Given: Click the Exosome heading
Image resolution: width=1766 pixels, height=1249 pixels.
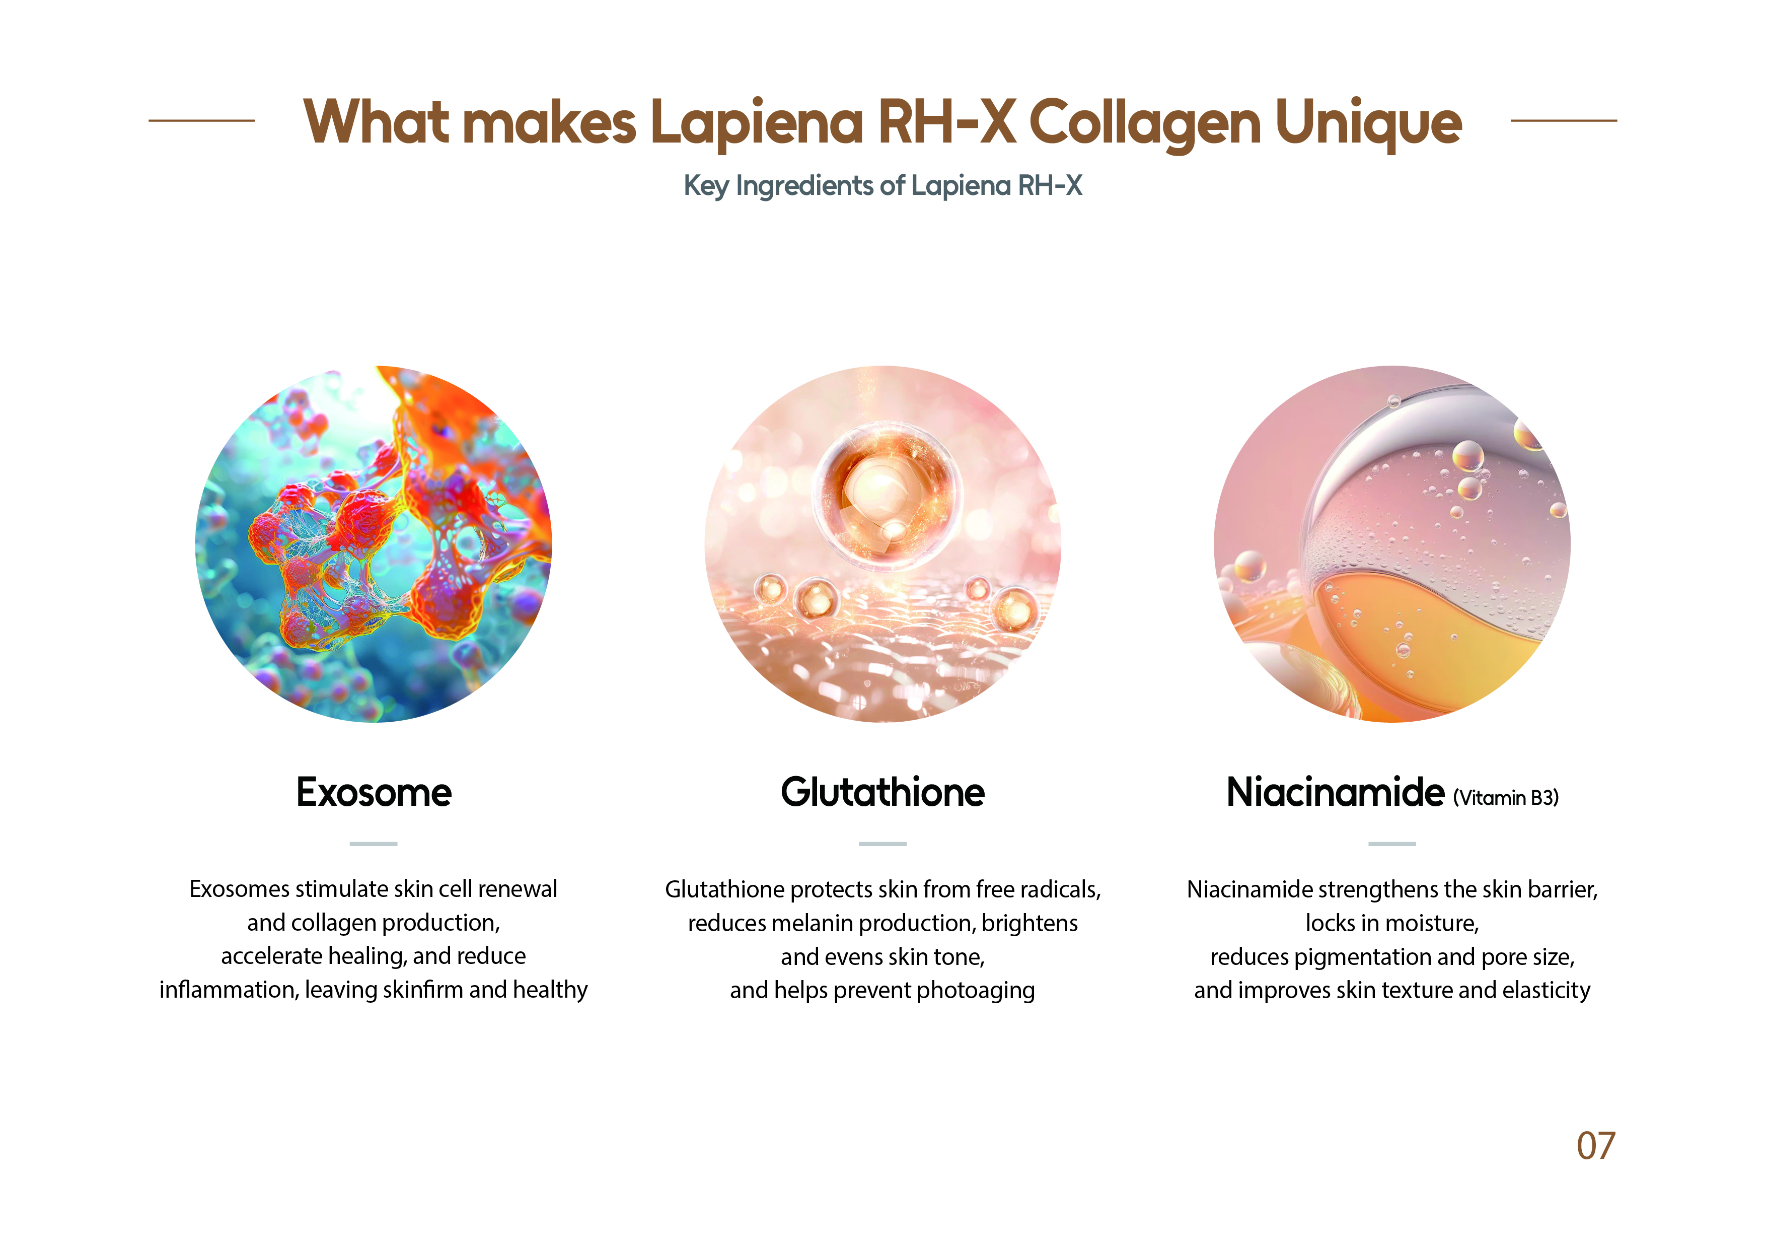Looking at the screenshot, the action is [x=374, y=793].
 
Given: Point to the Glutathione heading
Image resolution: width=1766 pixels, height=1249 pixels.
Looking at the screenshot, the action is [x=883, y=793].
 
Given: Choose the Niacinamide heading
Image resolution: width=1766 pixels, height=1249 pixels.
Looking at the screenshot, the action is [x=1335, y=793].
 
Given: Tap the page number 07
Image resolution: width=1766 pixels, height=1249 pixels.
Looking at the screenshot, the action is [x=1596, y=1147].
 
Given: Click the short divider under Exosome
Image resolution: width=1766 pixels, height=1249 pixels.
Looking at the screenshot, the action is [x=374, y=844].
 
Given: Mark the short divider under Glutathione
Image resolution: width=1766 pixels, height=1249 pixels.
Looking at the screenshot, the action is [x=883, y=844].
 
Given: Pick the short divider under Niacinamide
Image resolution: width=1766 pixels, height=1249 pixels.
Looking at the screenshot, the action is [x=1392, y=844].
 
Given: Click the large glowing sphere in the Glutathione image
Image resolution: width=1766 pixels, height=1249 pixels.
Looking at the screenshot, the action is [x=887, y=497].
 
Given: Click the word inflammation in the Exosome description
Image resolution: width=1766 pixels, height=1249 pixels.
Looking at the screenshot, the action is [x=229, y=990].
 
